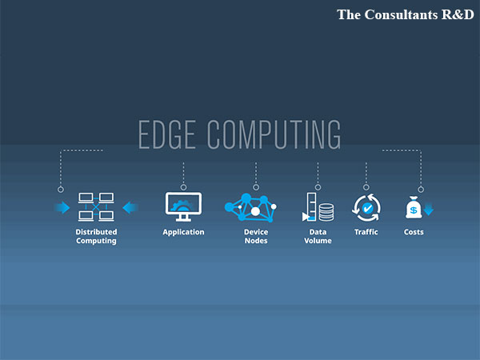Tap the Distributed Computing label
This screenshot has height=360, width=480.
coord(96,237)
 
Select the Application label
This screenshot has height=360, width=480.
coord(183,232)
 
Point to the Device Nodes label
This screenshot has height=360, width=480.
coord(255,237)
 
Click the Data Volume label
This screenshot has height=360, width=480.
coord(318,237)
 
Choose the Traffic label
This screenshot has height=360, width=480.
coord(366,232)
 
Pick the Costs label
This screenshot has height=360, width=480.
coord(414,232)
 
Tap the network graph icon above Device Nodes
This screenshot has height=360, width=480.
coord(251,208)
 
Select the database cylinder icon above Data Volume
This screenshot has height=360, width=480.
coord(326,212)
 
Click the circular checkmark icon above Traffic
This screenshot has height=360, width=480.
coord(366,208)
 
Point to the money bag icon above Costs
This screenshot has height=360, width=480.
coord(413,208)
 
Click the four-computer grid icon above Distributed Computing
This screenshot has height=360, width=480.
coord(96,207)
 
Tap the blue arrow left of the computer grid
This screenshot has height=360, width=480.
coord(62,208)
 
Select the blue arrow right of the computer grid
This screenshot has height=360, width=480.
coord(130,208)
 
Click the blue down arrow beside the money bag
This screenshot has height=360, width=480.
coord(428,210)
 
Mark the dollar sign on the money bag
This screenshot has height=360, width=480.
coord(413,211)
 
